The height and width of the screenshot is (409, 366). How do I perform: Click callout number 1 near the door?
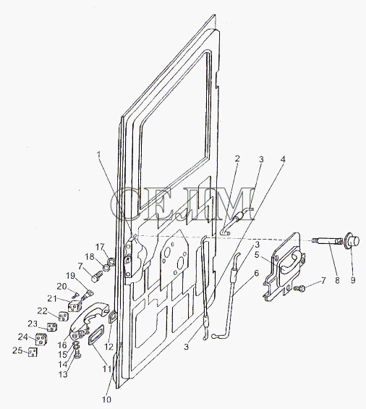click(x=98, y=154)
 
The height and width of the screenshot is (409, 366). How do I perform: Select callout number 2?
click(x=237, y=159)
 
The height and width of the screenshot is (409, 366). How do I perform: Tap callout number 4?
click(x=282, y=159)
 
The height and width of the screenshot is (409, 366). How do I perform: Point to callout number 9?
click(x=352, y=280)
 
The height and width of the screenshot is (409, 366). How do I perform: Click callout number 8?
click(x=337, y=280)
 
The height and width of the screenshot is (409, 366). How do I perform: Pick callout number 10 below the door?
click(x=106, y=399)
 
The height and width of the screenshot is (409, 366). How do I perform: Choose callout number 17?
click(x=100, y=247)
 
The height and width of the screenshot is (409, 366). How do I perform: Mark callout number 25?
click(x=17, y=350)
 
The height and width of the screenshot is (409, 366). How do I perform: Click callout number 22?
click(x=43, y=311)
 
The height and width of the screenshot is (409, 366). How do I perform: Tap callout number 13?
click(x=63, y=374)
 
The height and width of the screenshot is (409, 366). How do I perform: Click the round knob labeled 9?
click(x=352, y=240)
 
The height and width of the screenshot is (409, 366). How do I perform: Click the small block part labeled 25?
click(x=33, y=352)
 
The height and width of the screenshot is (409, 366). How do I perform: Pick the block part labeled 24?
click(x=41, y=339)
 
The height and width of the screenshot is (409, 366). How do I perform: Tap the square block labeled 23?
click(x=52, y=326)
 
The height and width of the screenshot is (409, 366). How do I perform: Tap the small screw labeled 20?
click(x=75, y=295)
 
